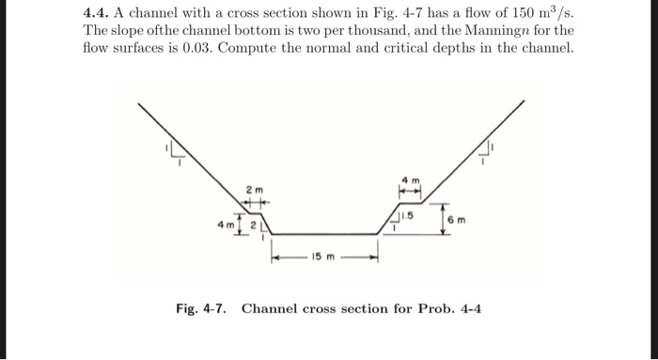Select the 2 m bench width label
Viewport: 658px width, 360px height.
point(252,191)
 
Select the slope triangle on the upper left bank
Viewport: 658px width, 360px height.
point(174,149)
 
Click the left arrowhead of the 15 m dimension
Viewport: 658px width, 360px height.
point(275,256)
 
